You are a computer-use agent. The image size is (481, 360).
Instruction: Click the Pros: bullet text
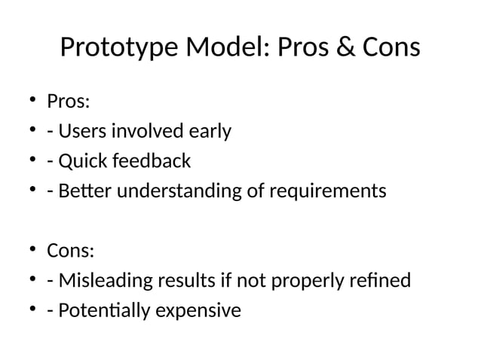68,102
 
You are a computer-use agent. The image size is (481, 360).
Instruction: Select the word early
208,132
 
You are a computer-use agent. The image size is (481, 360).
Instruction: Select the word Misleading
100,281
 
